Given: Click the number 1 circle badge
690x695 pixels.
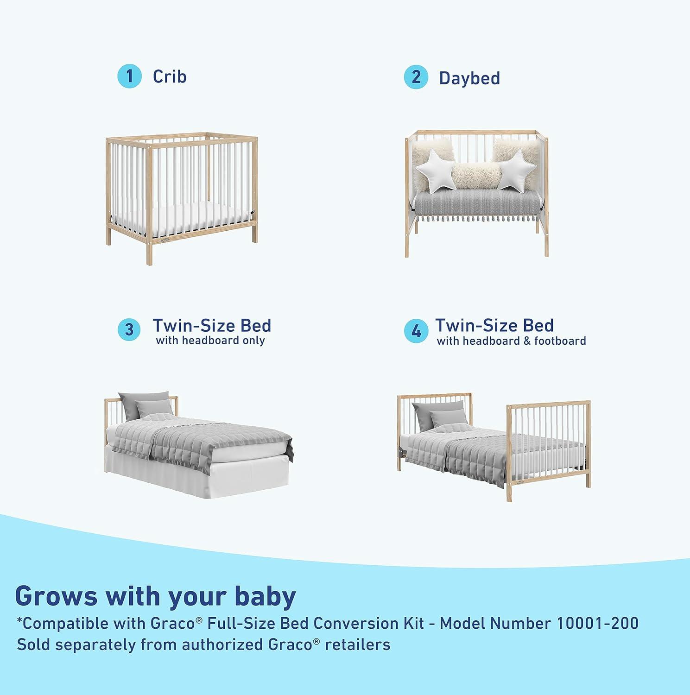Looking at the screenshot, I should point(129,76).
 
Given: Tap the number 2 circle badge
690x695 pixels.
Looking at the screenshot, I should point(416,77).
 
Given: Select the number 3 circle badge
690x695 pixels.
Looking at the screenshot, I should point(129,329).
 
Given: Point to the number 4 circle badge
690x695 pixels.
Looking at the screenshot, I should point(416,331).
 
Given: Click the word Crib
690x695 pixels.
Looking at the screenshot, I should point(170,76).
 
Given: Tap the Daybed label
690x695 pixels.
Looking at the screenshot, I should point(469,78).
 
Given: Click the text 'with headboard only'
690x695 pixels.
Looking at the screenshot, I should point(210,341).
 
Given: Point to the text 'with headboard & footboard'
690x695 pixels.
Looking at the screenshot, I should point(511,341).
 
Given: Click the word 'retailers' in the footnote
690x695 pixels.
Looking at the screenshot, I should point(358,644).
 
